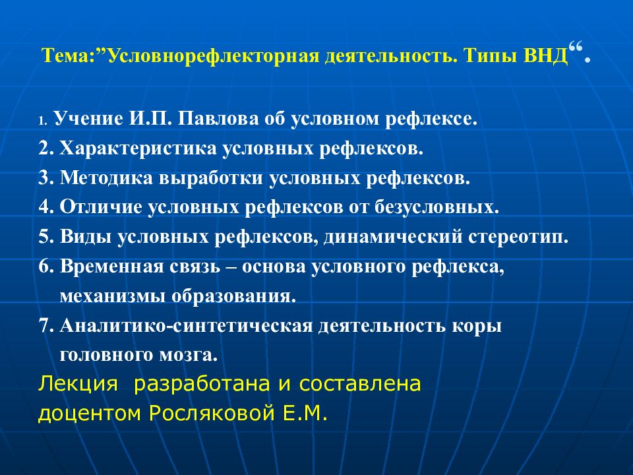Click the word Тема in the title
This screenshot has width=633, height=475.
point(65,55)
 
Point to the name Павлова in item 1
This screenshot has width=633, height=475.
point(218,118)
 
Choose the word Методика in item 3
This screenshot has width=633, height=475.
point(106,178)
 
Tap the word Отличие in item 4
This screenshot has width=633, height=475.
point(100,207)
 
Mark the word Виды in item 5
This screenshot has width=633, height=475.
point(86,237)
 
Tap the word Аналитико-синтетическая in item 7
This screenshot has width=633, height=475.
point(186,326)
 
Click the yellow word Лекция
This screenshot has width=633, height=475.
point(78,384)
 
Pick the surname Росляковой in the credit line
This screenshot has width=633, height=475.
point(212,413)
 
